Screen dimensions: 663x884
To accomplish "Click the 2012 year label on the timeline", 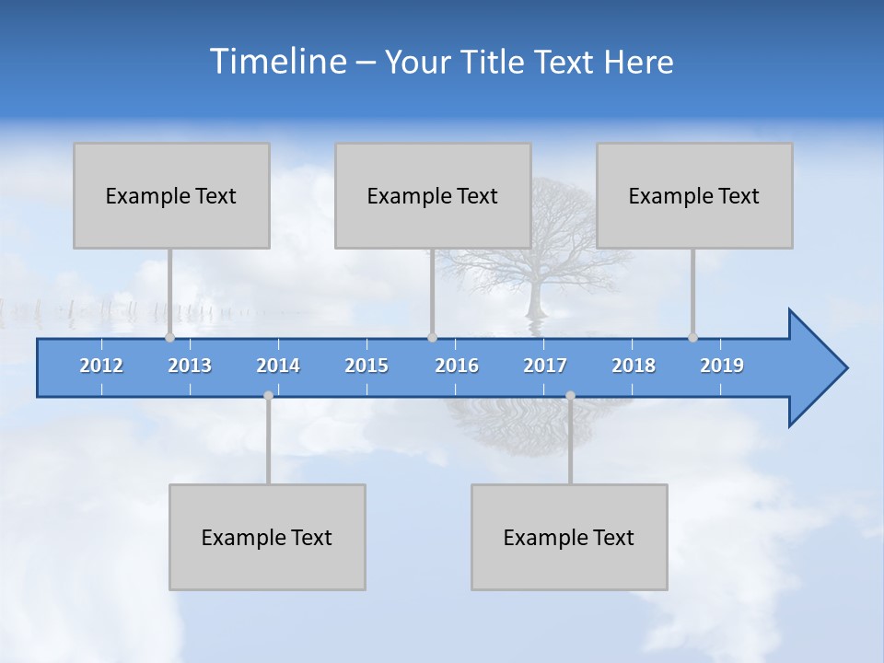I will pyautogui.click(x=101, y=366).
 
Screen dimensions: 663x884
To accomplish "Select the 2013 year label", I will pyautogui.click(x=190, y=366).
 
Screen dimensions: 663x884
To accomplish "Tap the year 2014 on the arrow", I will pyautogui.click(x=278, y=366).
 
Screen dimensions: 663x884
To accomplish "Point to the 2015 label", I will pyautogui.click(x=366, y=366).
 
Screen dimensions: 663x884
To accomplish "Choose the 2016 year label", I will pyautogui.click(x=457, y=366).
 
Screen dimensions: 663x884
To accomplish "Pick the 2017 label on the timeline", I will pyautogui.click(x=545, y=366).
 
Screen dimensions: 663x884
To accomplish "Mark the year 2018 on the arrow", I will pyautogui.click(x=634, y=366).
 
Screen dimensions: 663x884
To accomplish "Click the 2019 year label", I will pyautogui.click(x=722, y=366).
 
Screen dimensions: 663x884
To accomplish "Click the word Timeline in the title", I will pyautogui.click(x=275, y=62).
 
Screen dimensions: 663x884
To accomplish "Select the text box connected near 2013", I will pyautogui.click(x=171, y=195).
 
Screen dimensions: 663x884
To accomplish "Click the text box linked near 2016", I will pyautogui.click(x=433, y=195).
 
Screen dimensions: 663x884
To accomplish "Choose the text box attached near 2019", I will pyautogui.click(x=694, y=195).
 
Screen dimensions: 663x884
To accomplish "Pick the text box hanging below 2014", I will pyautogui.click(x=267, y=537).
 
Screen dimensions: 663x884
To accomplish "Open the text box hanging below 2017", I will pyautogui.click(x=569, y=537).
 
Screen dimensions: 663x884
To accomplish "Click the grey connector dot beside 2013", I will pyautogui.click(x=169, y=337).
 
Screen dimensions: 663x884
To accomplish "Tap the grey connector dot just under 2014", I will pyautogui.click(x=268, y=396).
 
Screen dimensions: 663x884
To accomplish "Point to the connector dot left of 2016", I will pyautogui.click(x=433, y=337).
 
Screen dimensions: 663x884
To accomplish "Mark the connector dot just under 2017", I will pyautogui.click(x=570, y=396).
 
